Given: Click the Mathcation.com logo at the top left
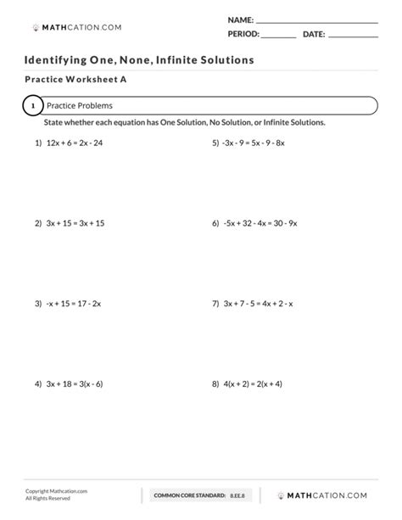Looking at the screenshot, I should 76,27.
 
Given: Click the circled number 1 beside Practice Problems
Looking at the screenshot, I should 32,106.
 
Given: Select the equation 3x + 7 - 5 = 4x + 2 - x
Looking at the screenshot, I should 258,303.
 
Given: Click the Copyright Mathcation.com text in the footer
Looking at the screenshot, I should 56,490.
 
